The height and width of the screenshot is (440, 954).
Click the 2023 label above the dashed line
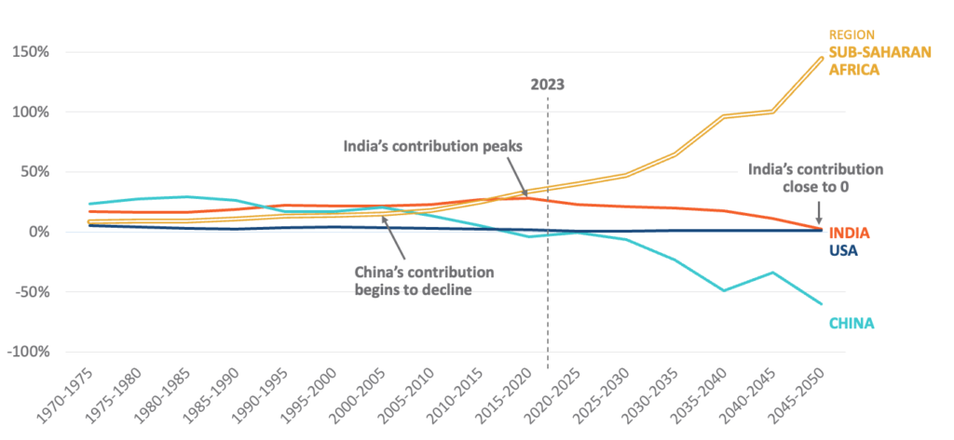pos(548,83)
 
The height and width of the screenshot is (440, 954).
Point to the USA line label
pos(844,250)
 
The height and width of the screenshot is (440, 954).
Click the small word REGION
pos(847,35)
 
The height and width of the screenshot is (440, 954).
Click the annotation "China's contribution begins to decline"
pos(424,280)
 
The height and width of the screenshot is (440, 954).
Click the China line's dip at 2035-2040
pos(723,290)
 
